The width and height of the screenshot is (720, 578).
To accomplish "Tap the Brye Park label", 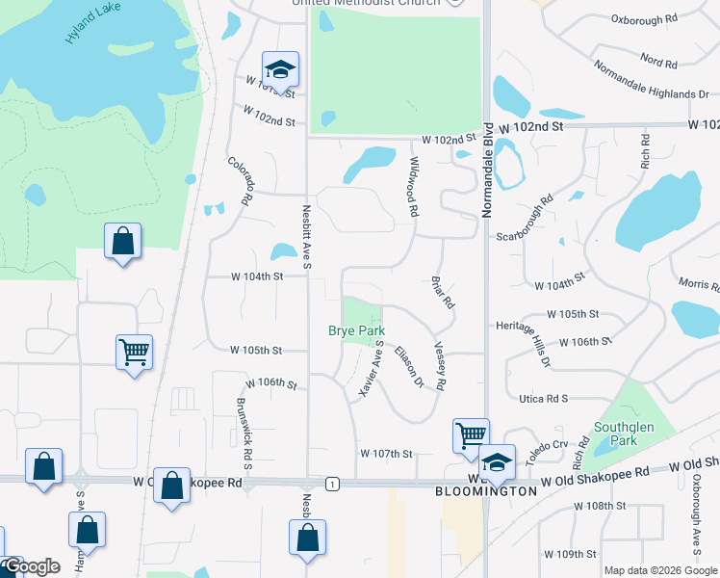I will [356, 330].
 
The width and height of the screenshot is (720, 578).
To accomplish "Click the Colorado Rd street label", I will [241, 180].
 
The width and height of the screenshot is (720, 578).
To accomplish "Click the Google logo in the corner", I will [32, 566].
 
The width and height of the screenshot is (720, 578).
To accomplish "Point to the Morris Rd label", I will [699, 283].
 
